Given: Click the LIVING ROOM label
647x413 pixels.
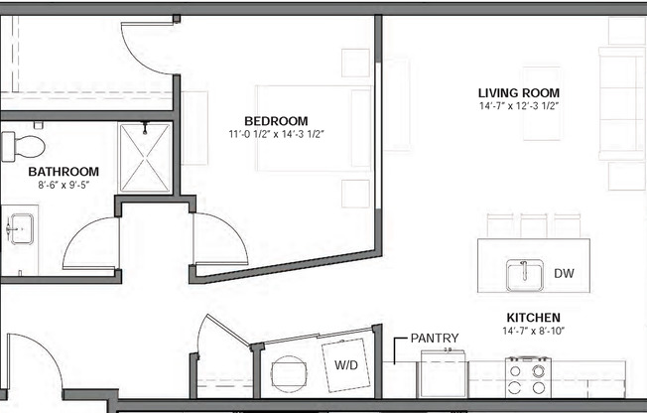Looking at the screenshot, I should (519, 92).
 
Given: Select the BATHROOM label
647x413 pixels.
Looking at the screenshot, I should (64, 171).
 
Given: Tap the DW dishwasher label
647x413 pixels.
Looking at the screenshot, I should (564, 273).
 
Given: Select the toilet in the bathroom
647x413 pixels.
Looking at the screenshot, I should (21, 147).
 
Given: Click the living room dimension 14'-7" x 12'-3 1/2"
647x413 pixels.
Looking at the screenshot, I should (519, 105).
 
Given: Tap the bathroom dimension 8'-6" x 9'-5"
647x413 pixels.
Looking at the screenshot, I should (64, 184).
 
